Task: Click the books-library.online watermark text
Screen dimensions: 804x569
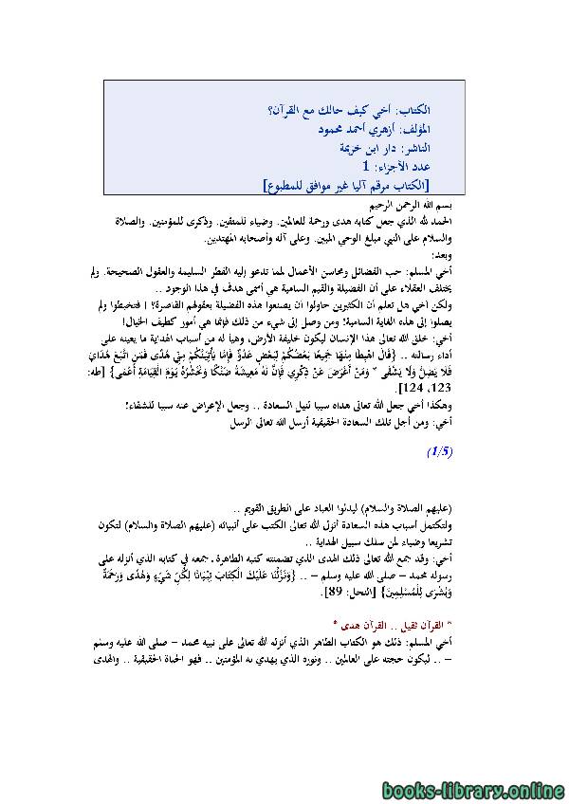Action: (x=485, y=786)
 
